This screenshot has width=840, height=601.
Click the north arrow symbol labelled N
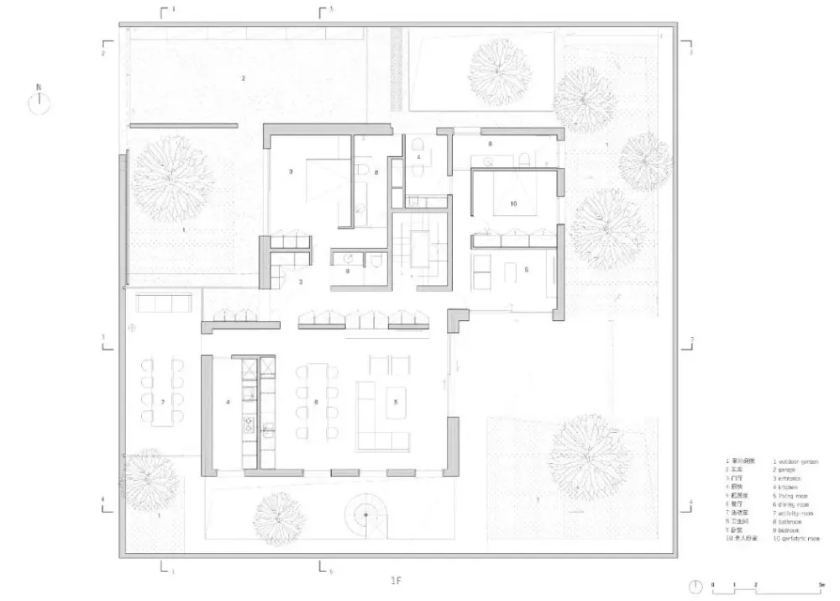(39, 103)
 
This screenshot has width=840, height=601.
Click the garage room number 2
(244, 78)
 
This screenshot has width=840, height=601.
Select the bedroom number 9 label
(291, 171)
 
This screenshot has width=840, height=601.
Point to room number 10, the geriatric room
(513, 203)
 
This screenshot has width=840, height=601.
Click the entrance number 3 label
(300, 282)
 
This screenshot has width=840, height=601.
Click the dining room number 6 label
(316, 403)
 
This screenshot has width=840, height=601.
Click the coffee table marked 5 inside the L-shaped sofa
(396, 403)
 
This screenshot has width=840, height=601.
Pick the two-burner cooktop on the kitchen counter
(249, 425)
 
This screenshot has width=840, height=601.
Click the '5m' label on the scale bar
(820, 583)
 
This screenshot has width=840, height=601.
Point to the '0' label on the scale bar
(712, 583)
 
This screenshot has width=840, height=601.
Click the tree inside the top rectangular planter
(499, 67)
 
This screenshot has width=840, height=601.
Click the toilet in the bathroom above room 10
(523, 159)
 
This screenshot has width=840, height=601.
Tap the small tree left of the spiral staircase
(279, 516)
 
